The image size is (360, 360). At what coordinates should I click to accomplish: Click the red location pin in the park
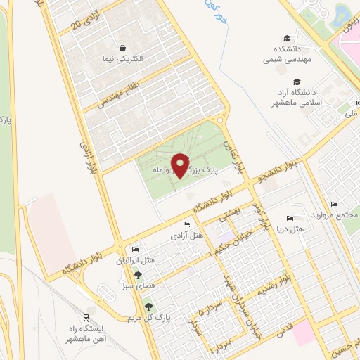point(181,165)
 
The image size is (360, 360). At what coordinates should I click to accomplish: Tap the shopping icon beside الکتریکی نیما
point(124,49)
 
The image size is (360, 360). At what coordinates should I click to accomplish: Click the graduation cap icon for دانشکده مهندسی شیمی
point(286,39)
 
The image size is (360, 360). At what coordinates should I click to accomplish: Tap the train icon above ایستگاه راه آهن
point(86,317)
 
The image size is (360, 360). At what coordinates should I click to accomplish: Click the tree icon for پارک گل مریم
point(148,306)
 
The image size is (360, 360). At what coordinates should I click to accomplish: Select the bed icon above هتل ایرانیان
point(135,250)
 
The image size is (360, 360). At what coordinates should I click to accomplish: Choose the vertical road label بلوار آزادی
point(90,157)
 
